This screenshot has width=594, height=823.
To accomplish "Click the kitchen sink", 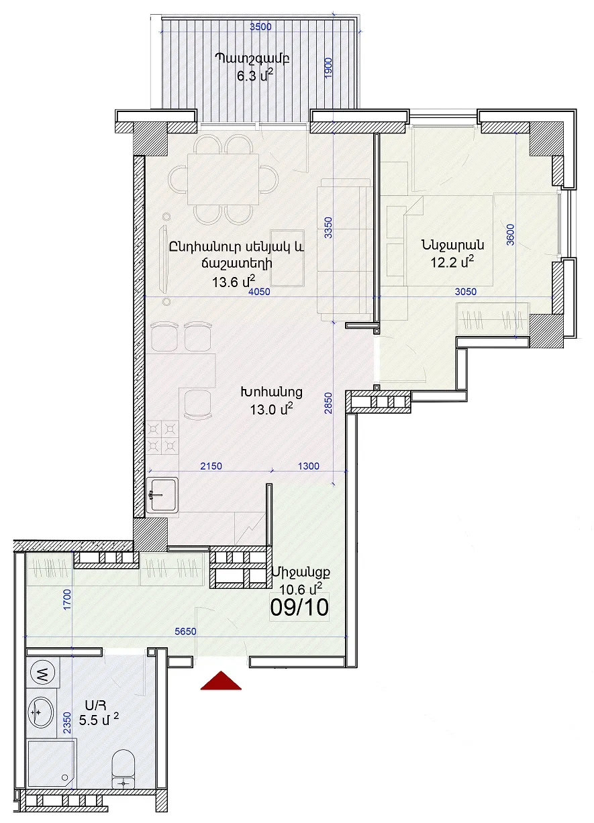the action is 162,495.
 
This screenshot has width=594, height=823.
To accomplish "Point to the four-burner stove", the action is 162,437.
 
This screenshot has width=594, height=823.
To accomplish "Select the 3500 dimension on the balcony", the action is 260,27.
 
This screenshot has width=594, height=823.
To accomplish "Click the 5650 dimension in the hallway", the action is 185,631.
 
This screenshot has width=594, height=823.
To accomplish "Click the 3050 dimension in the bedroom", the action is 466,291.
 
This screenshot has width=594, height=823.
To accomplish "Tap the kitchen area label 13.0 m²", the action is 271,409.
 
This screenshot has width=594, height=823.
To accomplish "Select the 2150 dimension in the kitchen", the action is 211,466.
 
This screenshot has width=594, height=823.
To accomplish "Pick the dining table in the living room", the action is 223,180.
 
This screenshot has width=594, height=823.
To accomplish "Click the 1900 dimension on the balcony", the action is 329,68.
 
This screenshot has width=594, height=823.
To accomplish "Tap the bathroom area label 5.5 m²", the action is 99,719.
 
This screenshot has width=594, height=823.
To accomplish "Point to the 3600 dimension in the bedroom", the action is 511,235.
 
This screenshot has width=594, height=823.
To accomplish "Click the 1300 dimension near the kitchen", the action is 308,466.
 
